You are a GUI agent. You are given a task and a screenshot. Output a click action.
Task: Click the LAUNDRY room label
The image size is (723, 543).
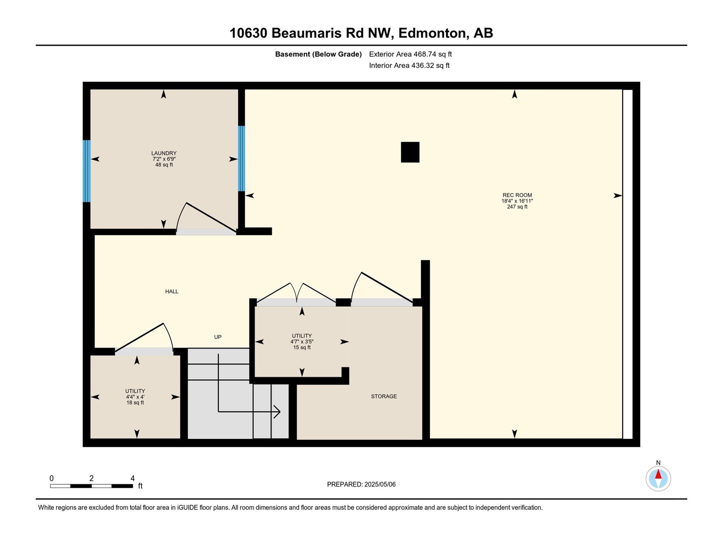[x=164, y=153]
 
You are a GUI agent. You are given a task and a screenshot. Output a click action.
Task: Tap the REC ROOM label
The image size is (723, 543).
[x=517, y=195]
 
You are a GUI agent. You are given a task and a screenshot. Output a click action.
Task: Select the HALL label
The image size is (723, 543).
[x=172, y=291]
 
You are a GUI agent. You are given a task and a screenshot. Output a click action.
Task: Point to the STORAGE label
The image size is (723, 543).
[x=384, y=396]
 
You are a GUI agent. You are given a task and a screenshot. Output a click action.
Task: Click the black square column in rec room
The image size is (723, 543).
[x=410, y=152]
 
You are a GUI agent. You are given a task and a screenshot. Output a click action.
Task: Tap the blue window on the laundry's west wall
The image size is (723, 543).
[x=87, y=171]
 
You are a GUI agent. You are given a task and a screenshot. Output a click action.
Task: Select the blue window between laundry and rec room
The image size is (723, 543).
[x=241, y=158]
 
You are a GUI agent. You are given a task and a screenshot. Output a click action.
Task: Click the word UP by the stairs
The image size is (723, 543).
[x=218, y=337]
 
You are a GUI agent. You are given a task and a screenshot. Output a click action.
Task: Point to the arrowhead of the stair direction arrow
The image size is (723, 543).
[x=277, y=412]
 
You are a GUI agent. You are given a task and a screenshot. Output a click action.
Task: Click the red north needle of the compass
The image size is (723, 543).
[x=658, y=474]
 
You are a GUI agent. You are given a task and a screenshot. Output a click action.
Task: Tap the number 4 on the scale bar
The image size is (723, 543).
[x=133, y=478]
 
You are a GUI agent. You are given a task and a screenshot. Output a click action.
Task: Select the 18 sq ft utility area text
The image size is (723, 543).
[x=135, y=403]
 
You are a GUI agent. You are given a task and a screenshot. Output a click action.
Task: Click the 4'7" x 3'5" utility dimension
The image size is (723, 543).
[x=302, y=342]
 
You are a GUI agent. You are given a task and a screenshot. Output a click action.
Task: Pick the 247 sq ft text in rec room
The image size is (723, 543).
[x=517, y=207]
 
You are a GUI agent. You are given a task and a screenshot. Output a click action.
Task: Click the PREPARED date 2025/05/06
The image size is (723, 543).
[x=380, y=484]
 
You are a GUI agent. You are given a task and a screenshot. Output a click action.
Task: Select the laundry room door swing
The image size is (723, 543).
[x=206, y=217]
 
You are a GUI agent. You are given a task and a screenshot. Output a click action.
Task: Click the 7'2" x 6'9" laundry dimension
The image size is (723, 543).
[x=164, y=159]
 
